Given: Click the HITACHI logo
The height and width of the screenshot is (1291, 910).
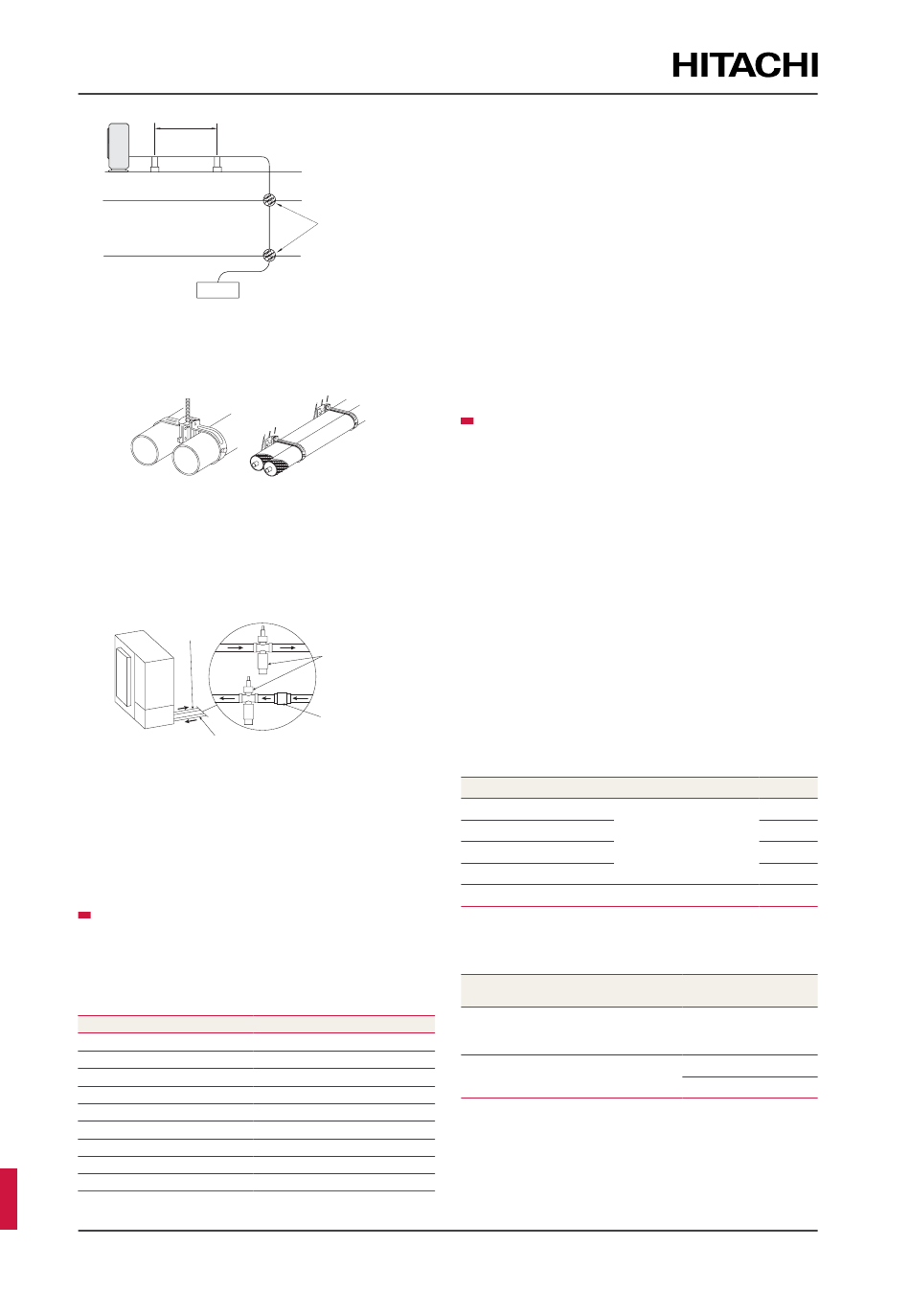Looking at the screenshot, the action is tap(744, 65).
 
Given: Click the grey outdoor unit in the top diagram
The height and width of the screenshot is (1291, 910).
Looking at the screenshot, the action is tap(119, 147).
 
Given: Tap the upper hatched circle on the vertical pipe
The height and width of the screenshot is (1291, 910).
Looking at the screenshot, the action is tap(269, 200).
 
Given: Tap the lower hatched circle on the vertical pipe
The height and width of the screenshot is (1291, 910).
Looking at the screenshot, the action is tap(269, 254).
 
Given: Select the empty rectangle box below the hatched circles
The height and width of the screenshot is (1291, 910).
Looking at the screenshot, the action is tap(217, 290).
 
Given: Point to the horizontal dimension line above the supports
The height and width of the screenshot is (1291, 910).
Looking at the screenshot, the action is tap(186, 129).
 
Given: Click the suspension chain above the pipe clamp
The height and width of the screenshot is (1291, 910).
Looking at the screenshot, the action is tap(188, 410).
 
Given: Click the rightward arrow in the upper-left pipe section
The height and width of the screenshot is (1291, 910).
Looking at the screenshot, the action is tap(235, 647).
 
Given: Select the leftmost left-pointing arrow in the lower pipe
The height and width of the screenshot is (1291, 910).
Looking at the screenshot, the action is tap(225, 698).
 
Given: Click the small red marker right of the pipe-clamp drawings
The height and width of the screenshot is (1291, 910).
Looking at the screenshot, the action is tap(466, 421).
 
